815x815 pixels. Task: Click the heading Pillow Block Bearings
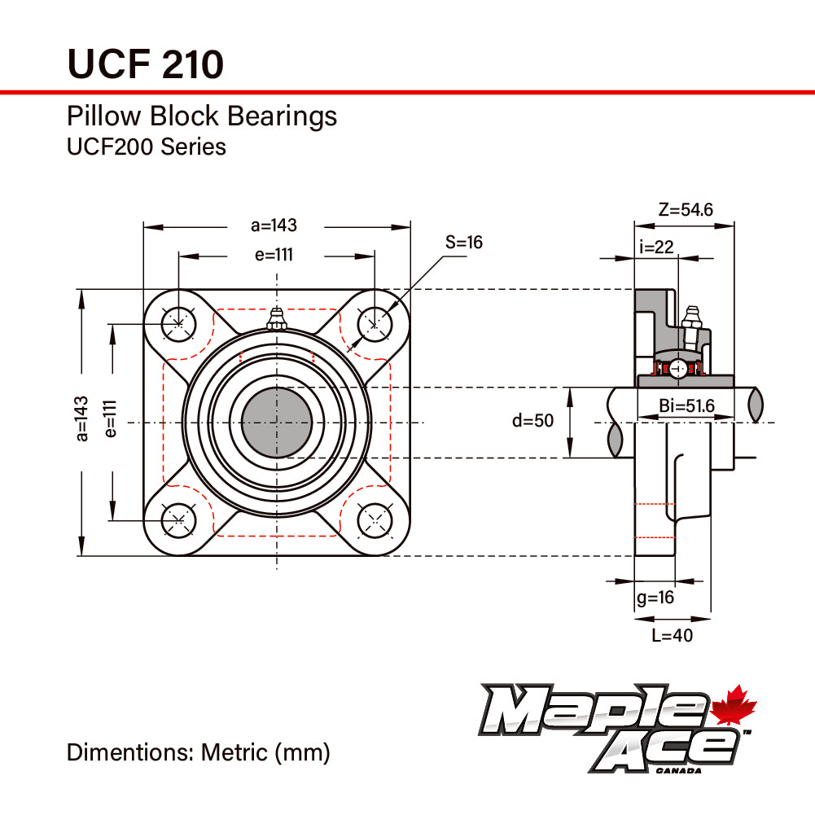(201, 116)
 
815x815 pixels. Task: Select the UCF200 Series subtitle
(147, 147)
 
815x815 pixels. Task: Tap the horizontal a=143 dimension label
(274, 226)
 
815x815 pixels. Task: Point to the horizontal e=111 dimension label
(274, 255)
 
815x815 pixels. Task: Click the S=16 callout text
(463, 242)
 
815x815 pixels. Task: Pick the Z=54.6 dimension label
(685, 210)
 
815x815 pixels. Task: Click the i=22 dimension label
(656, 247)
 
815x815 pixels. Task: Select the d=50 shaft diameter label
(532, 421)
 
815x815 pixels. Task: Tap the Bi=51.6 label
(686, 406)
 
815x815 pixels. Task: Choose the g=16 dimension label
(655, 598)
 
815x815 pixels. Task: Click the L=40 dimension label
(672, 635)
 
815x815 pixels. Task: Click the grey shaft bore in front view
(277, 422)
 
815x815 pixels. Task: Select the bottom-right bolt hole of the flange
(375, 519)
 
